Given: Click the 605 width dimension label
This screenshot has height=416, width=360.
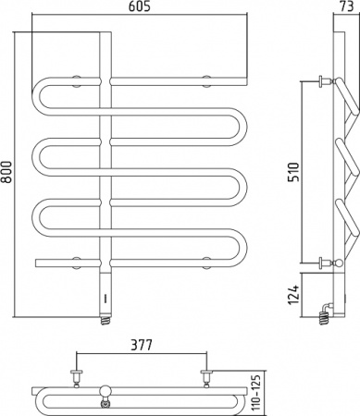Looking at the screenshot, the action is (139, 6).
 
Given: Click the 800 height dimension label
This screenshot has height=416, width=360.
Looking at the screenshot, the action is (6, 172).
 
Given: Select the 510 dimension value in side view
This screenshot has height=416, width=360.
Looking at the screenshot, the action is (293, 172).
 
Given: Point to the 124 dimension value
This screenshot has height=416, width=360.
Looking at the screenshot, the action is (293, 295).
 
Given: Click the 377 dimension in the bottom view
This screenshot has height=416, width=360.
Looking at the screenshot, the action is (142, 345).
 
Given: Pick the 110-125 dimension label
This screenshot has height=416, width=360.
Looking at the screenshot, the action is (257, 391).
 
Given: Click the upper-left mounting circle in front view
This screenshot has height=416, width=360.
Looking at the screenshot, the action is (76, 81).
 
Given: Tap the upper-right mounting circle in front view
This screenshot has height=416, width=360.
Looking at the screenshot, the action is (206, 81).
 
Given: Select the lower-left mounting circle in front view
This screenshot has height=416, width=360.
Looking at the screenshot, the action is (76, 263).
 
